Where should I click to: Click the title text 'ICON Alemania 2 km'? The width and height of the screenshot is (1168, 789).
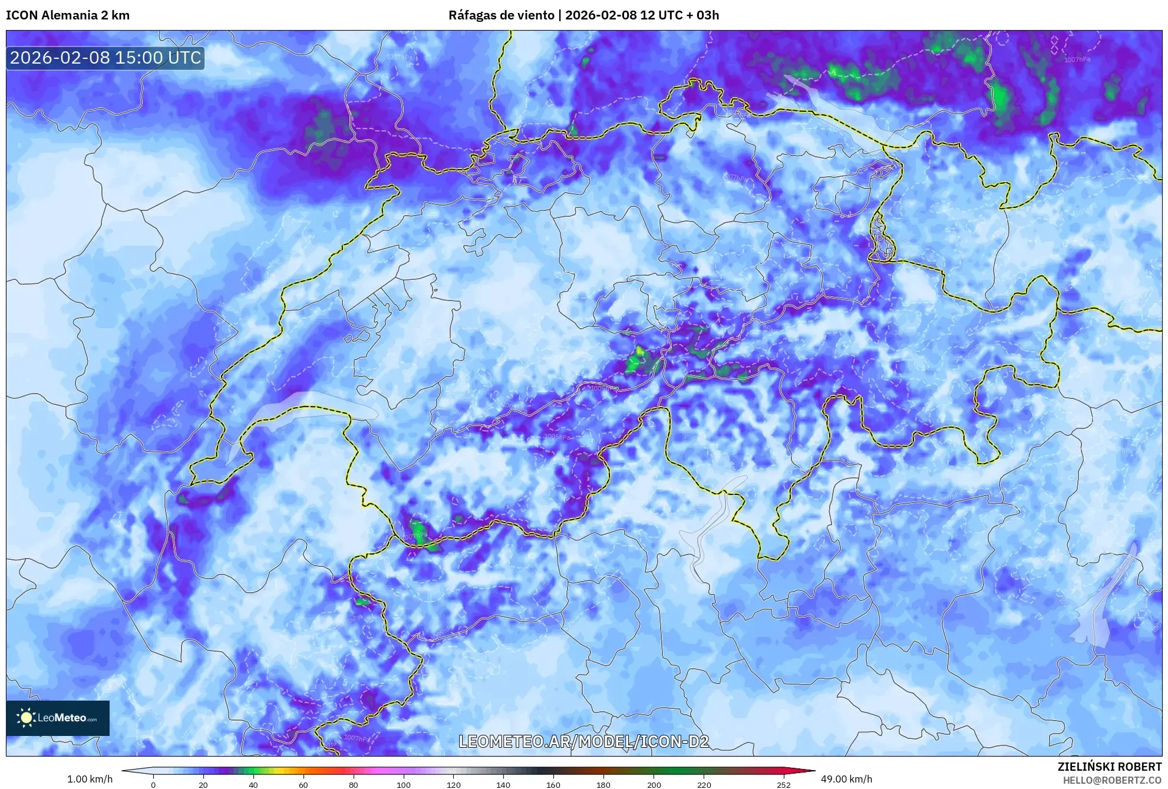pos(68,15)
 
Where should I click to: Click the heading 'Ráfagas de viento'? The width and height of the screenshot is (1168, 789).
pos(500,15)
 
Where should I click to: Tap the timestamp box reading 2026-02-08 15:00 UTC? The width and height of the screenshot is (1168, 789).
pos(105,58)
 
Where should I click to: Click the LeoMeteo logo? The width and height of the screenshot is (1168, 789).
pos(58,718)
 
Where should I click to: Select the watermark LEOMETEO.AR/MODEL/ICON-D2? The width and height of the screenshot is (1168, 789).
pos(583,741)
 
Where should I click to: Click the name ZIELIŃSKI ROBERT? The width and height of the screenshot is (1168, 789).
pos(1109,767)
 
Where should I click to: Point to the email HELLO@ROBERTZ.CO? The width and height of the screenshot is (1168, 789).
pos(1112,780)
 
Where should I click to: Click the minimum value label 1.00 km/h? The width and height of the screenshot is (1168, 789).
pos(90,779)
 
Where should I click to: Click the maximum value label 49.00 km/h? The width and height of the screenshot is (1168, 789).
pos(846,779)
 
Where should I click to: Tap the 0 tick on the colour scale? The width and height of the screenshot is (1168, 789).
pos(153,785)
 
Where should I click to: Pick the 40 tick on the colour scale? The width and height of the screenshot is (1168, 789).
pos(253,785)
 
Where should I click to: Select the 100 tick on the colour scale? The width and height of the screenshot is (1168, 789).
pos(404,785)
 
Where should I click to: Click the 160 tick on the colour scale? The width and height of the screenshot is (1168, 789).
pos(553,785)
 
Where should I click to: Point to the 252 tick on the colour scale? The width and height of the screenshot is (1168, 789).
pos(783,785)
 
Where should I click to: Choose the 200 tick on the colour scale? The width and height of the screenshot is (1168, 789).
pos(654,785)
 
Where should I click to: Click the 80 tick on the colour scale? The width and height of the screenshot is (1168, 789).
pos(354,785)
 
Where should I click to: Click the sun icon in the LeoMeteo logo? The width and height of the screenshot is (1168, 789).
pos(26,718)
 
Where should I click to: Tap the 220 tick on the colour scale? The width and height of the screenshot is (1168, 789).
pos(704,785)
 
